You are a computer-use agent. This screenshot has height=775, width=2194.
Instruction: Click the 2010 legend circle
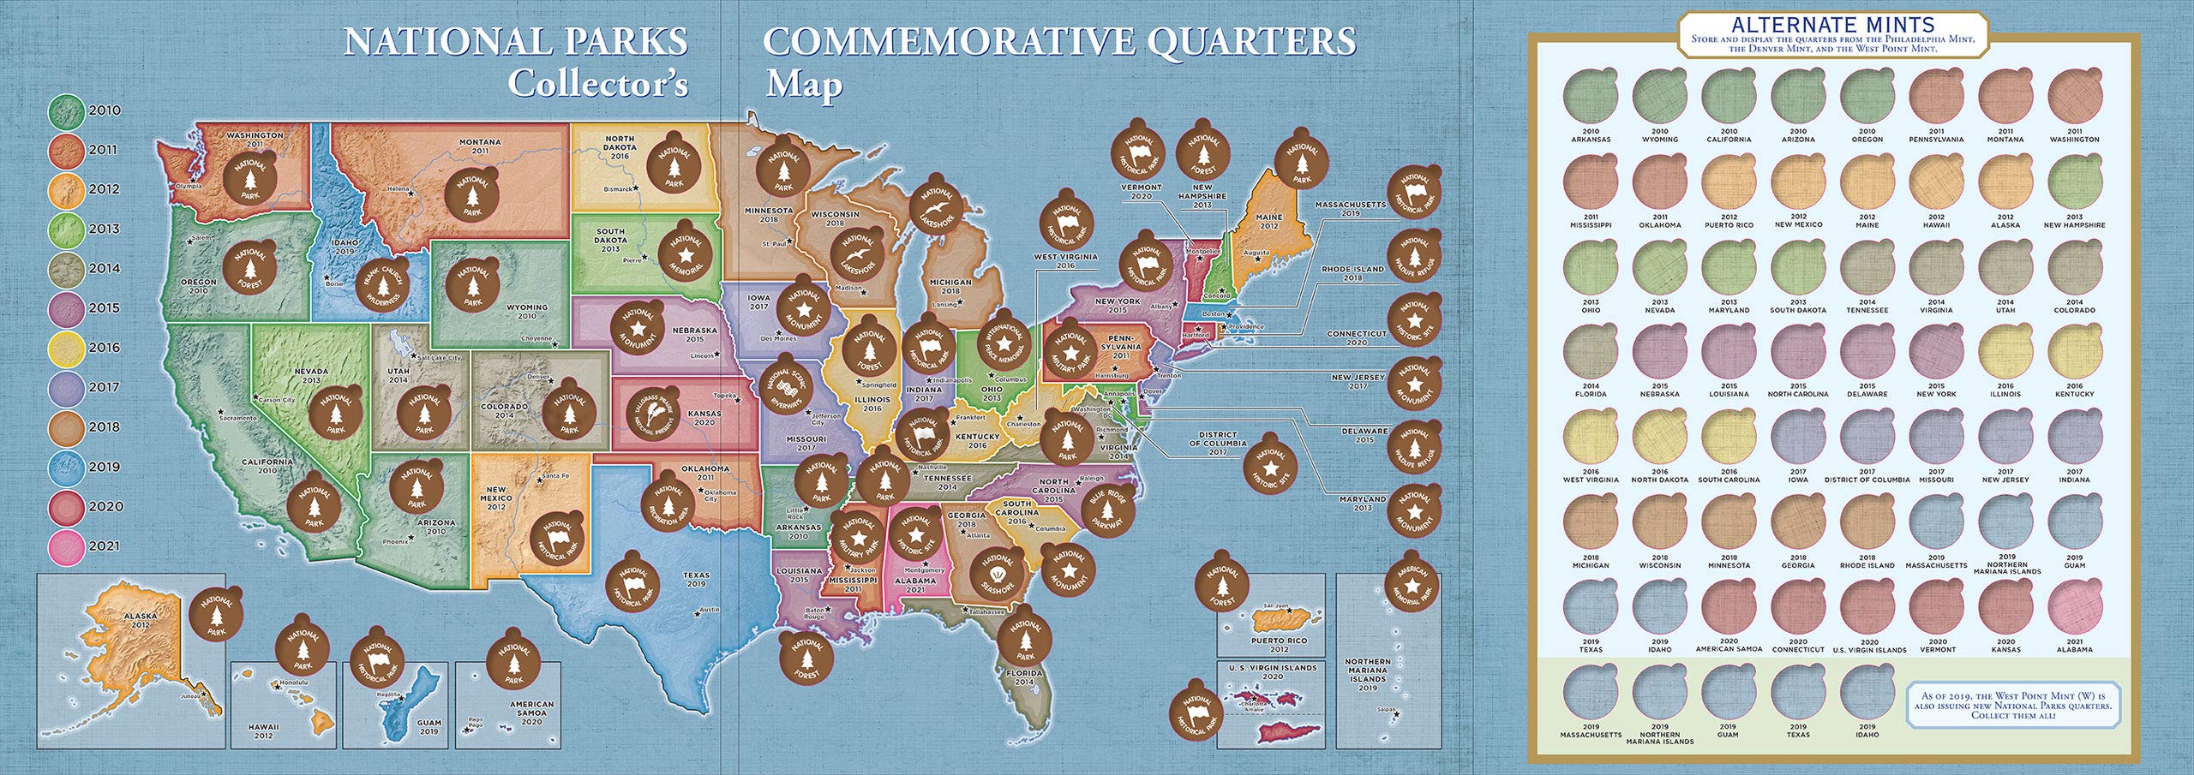[65, 110]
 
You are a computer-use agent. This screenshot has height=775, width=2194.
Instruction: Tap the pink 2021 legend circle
[65, 546]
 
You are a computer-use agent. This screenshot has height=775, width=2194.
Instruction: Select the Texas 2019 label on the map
[696, 580]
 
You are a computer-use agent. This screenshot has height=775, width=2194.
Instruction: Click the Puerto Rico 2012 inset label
[1279, 644]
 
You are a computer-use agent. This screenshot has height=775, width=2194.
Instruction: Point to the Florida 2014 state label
[1024, 677]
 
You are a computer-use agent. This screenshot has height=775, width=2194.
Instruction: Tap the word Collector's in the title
[597, 83]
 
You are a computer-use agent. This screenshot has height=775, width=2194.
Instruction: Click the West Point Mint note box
[2006, 706]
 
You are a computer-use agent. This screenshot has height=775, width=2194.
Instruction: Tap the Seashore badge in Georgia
[998, 574]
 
